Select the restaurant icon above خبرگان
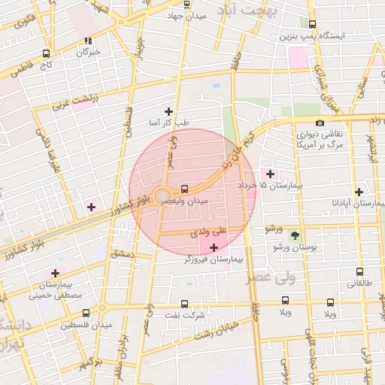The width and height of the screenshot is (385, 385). (x=88, y=41)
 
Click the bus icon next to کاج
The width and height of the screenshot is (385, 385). (x=47, y=53)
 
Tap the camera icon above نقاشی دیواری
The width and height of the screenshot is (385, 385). (x=320, y=123)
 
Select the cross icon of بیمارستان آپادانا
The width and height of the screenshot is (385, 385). (x=359, y=192)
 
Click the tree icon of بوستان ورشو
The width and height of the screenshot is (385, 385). (x=294, y=235)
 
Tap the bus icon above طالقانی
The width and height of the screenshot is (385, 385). (x=359, y=272)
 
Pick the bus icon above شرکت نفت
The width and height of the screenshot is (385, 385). (x=174, y=305)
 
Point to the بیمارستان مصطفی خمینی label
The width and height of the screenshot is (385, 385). (x=55, y=290)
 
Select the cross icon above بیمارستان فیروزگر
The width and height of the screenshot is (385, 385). (x=214, y=247)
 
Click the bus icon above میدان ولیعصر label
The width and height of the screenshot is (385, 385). (x=185, y=189)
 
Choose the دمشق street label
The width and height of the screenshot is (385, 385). (x=122, y=256)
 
